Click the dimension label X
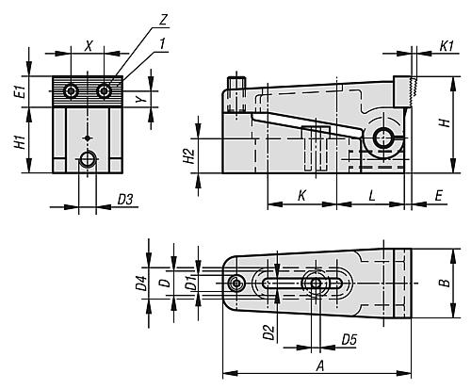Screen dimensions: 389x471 (x=88, y=45)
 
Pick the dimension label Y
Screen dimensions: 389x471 (x=139, y=98)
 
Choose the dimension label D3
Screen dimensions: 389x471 (x=124, y=198)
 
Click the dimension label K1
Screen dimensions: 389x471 (x=448, y=44)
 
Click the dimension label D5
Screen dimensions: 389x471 (x=349, y=337)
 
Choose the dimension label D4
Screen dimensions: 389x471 (x=140, y=282)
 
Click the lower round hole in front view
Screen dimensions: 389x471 (x=89, y=160)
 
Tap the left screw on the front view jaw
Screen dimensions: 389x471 (x=72, y=90)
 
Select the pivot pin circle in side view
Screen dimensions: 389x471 (x=384, y=139)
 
